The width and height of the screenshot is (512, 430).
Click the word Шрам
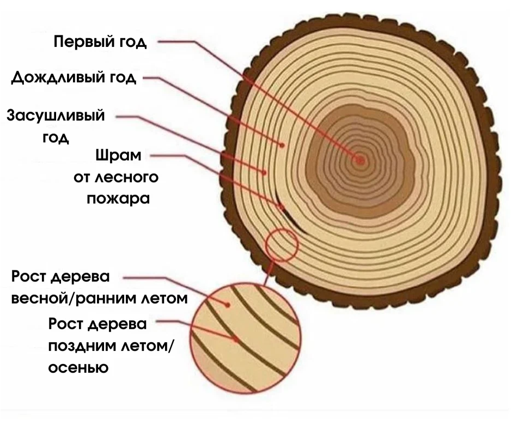[x=118, y=156]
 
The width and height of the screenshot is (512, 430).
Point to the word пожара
[x=118, y=198]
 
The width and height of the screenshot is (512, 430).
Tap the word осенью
[x=78, y=367]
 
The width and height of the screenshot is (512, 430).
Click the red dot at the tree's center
[x=360, y=160]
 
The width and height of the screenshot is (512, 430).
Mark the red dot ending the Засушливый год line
[x=265, y=173]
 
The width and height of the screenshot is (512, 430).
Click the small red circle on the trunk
[x=282, y=245]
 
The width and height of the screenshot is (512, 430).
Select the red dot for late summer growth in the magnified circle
[x=236, y=339]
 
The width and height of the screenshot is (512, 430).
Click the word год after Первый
[x=133, y=43]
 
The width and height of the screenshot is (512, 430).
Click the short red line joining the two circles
[x=267, y=272]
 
